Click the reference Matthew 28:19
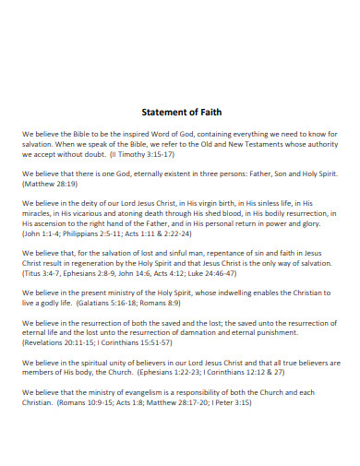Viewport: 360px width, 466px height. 54,185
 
